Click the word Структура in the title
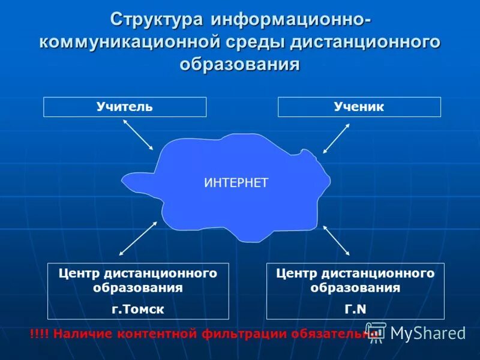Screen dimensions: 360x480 tap(157, 20)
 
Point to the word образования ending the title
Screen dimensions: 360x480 tap(239, 64)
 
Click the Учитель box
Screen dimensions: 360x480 tap(125, 107)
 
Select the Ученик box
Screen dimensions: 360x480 tap(359, 107)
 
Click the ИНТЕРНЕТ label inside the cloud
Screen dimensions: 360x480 tap(236, 183)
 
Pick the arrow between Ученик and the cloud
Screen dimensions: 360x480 tap(336, 139)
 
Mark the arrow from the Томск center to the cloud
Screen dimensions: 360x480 tap(138, 238)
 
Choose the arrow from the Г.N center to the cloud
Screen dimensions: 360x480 tap(337, 240)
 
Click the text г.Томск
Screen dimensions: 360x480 tap(138, 308)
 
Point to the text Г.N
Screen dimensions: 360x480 tap(355, 308)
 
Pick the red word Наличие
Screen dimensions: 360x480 tap(77, 334)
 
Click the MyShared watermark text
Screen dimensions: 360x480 tap(428, 334)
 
